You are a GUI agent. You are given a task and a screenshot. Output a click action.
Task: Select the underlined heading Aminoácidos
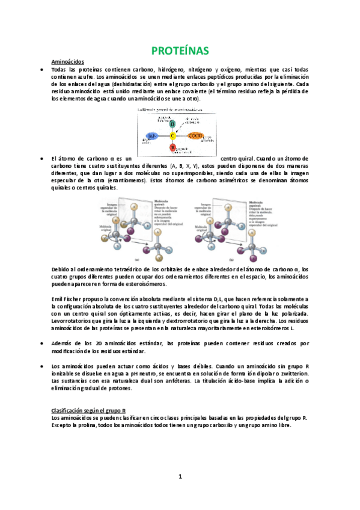[x=68, y=62]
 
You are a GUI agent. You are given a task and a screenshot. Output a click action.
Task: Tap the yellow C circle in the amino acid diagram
[x=172, y=135]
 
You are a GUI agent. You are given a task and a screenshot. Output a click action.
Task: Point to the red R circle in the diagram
[x=172, y=147]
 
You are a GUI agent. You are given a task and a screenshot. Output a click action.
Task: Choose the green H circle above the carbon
[x=172, y=123]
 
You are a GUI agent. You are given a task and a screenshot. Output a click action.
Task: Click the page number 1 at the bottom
[x=180, y=477]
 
